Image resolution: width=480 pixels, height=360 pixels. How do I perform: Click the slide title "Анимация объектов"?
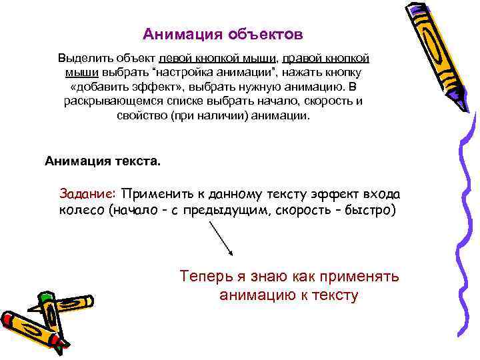[x=223, y=33]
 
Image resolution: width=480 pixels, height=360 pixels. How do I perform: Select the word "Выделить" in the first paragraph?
[x=81, y=58]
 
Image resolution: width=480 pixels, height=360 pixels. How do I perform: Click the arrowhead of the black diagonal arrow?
[x=230, y=254]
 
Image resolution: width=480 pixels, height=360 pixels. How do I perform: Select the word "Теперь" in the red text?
[x=205, y=277]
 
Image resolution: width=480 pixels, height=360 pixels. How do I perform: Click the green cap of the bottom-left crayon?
[x=46, y=297]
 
